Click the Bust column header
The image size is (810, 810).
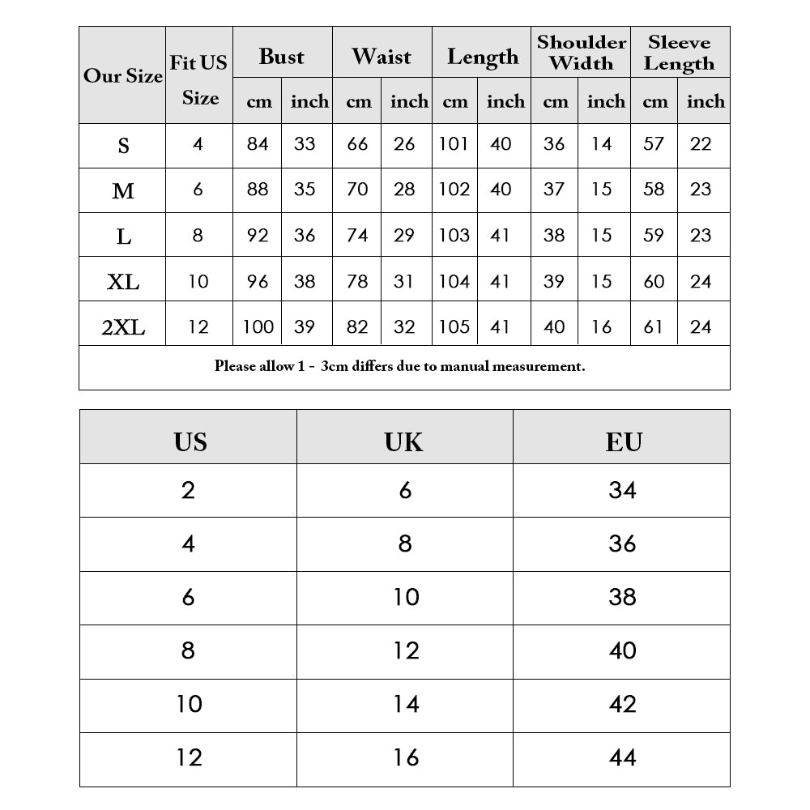(282, 57)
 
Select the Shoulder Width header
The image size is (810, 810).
(582, 53)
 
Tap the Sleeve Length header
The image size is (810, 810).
(680, 53)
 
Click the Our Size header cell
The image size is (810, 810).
(123, 76)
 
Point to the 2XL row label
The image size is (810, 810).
(123, 327)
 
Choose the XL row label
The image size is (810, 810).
(123, 282)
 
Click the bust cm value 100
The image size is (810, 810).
(258, 326)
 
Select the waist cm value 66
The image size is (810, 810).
(357, 144)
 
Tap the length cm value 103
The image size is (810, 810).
(454, 236)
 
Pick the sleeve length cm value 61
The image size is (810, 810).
(654, 326)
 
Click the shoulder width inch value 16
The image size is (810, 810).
(601, 326)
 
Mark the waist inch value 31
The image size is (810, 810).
(403, 281)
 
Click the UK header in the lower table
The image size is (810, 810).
(404, 441)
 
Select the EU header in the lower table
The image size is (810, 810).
(623, 441)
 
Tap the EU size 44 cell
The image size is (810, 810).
(622, 758)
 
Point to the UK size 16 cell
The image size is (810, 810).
(405, 758)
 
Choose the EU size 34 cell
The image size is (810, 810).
(622, 490)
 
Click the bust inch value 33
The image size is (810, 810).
(305, 144)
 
